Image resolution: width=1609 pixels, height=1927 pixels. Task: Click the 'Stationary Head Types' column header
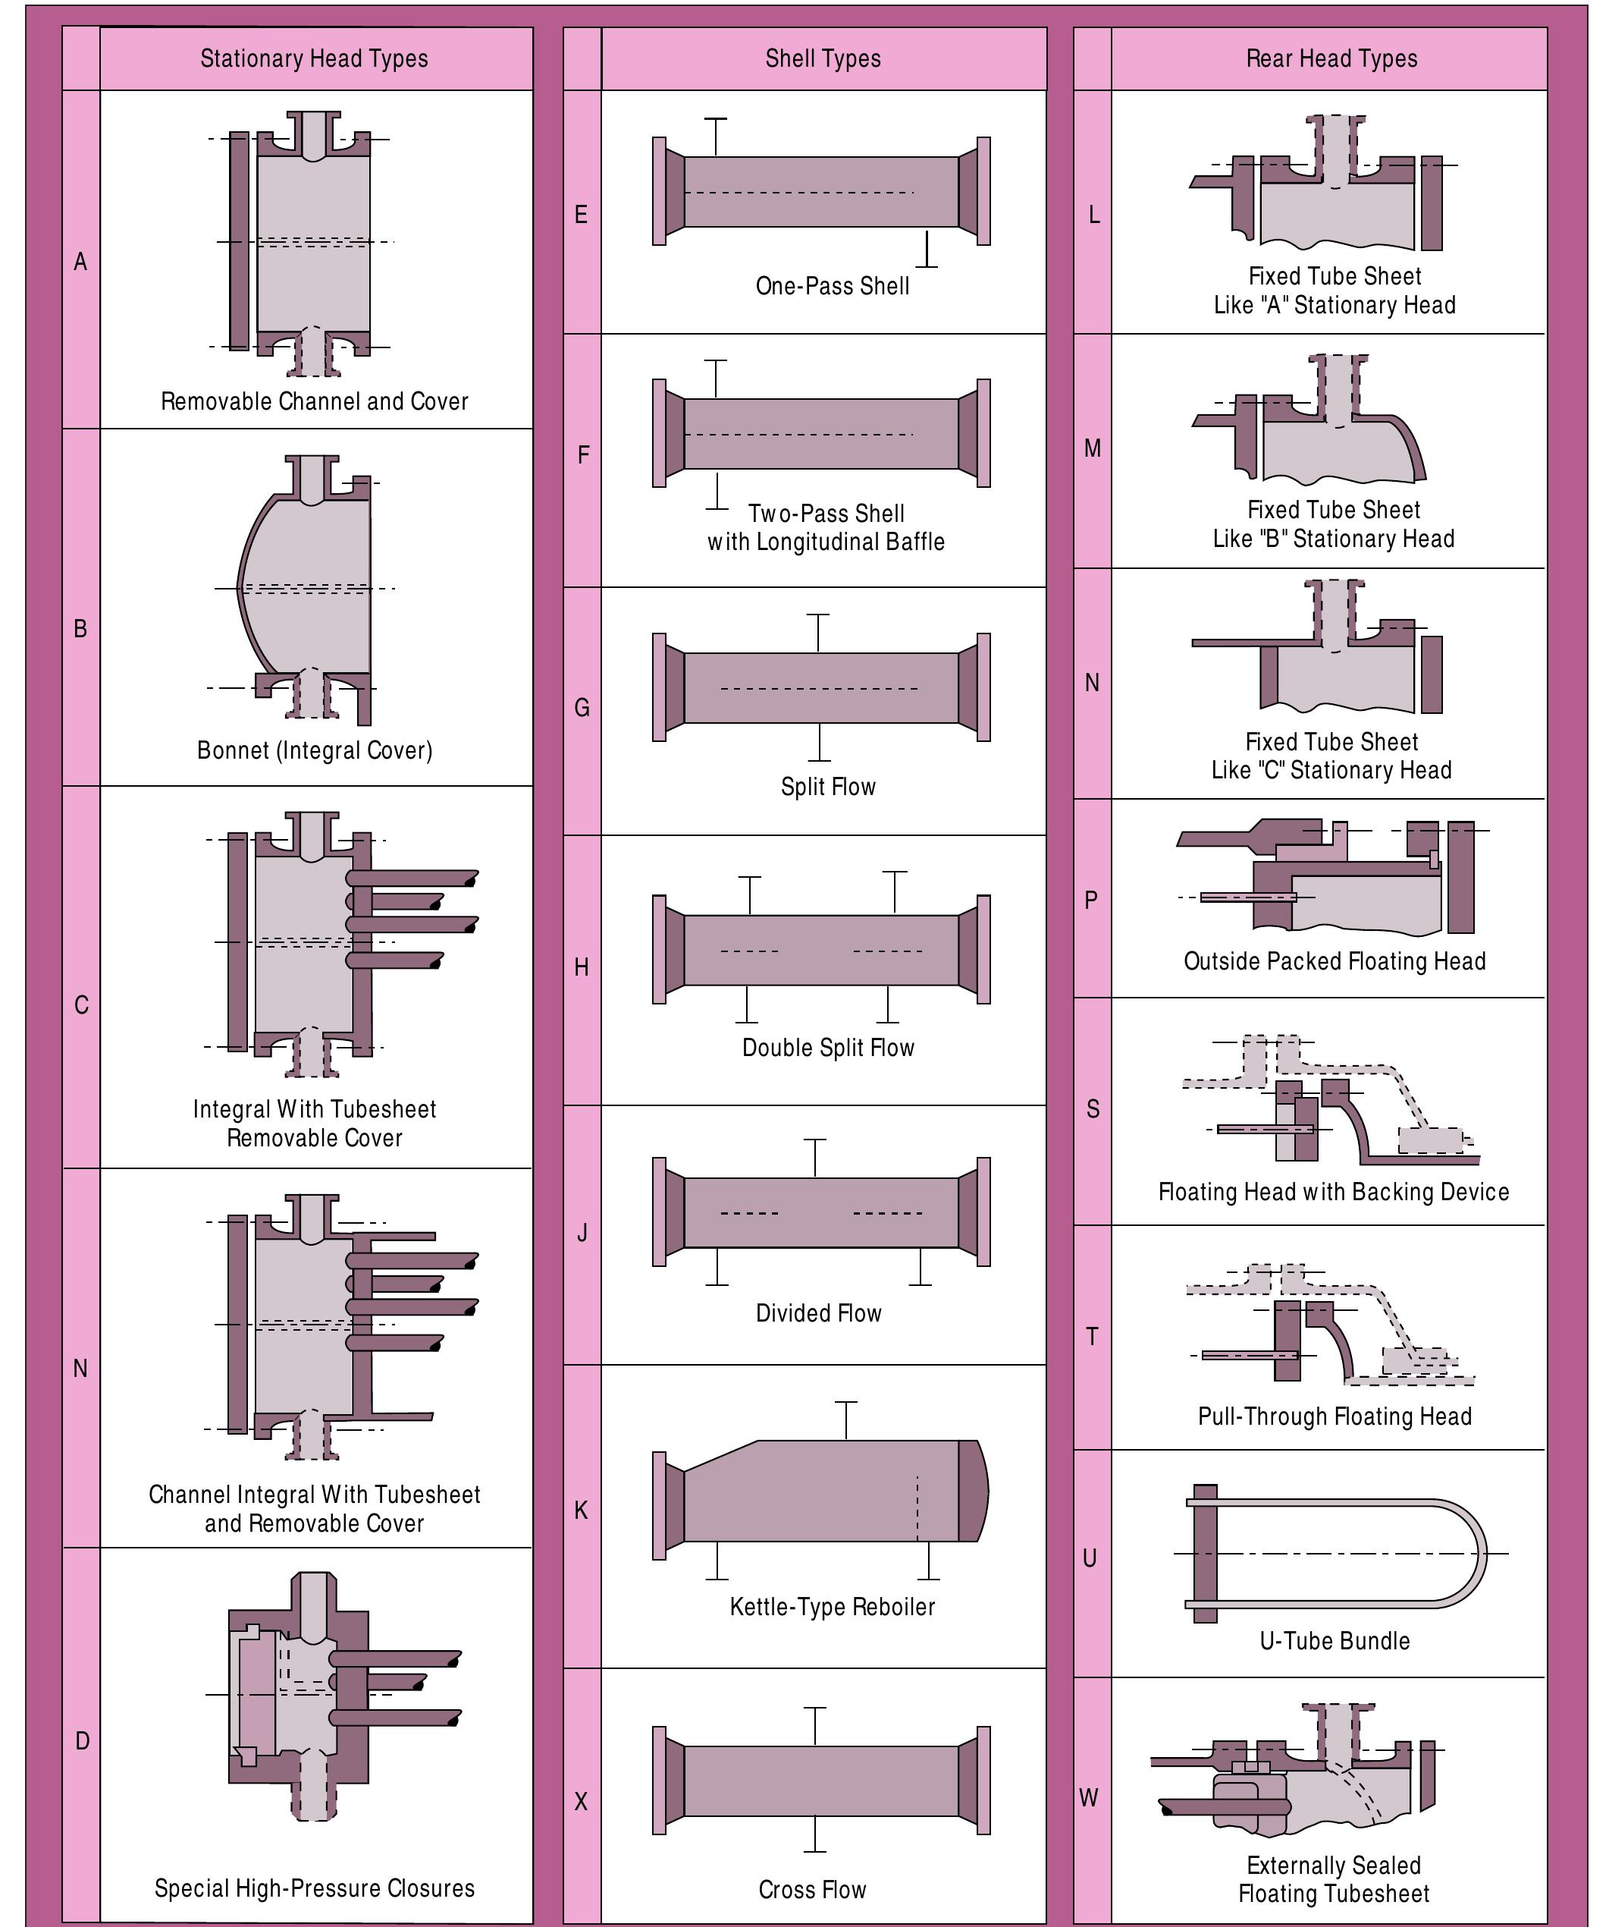(314, 58)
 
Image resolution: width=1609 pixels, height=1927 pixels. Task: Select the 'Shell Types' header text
(823, 58)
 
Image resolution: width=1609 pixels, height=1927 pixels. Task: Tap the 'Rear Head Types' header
(1331, 58)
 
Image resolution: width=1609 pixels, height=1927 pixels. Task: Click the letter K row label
(581, 1510)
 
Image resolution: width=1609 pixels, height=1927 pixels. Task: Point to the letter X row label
(581, 1801)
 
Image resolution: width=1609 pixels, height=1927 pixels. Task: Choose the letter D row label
(82, 1740)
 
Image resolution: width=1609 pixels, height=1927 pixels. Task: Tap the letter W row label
(1089, 1797)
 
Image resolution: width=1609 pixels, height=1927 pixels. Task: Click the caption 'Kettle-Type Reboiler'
(832, 1607)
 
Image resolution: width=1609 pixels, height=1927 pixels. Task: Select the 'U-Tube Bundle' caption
(1335, 1641)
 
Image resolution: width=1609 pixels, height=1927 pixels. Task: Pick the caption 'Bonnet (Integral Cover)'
(315, 750)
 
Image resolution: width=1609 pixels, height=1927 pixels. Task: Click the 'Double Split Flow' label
(828, 1048)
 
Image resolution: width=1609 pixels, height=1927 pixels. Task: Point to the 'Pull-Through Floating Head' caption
(1335, 1416)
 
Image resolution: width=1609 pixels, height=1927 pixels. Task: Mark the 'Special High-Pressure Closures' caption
(315, 1888)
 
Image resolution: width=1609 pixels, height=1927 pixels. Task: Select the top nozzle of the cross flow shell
(814, 1724)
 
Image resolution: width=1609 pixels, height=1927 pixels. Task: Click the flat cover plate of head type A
(239, 241)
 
